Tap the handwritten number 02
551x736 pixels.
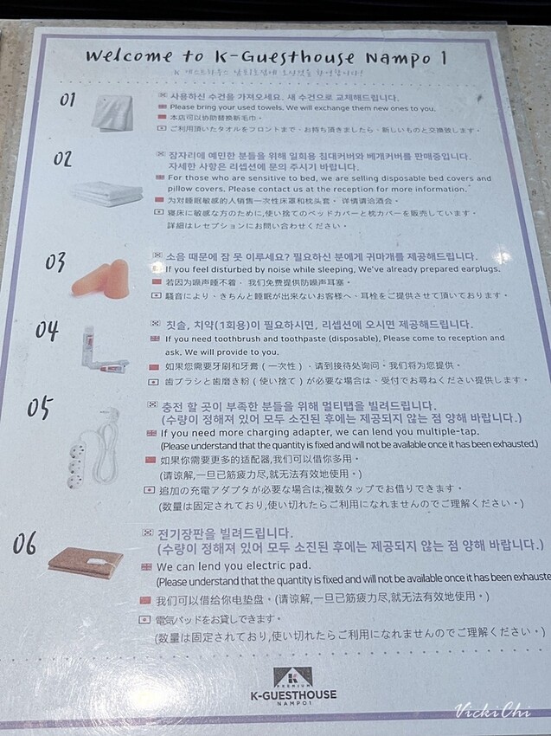[x=63, y=160]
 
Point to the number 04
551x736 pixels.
[x=48, y=332]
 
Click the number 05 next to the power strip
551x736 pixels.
[x=39, y=408]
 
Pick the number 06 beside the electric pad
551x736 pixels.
[x=25, y=543]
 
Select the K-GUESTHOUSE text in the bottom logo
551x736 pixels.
[x=293, y=694]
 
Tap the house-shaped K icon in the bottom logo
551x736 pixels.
[x=293, y=675]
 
